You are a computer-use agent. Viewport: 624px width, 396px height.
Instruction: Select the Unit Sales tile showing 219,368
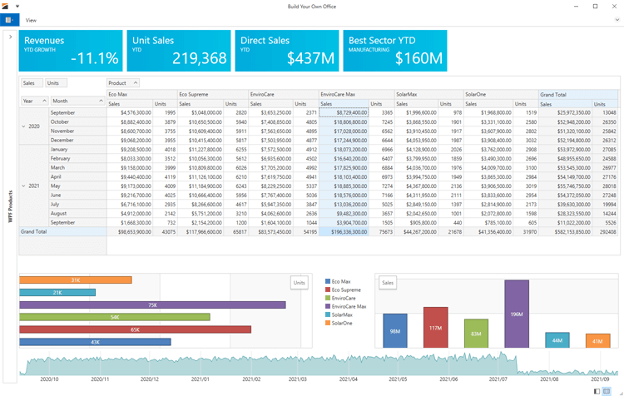179,51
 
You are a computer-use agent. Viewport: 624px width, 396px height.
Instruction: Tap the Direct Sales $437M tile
287,51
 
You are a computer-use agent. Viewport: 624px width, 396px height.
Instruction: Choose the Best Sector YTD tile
395,51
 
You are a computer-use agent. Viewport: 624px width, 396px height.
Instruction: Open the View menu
31,20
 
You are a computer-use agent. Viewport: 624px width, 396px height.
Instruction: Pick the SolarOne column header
478,95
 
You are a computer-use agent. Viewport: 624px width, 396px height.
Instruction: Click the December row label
62,140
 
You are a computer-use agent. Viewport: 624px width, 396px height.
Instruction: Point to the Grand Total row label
35,231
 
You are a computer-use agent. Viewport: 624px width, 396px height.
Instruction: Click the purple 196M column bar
516,314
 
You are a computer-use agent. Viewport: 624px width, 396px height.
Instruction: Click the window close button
614,6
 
